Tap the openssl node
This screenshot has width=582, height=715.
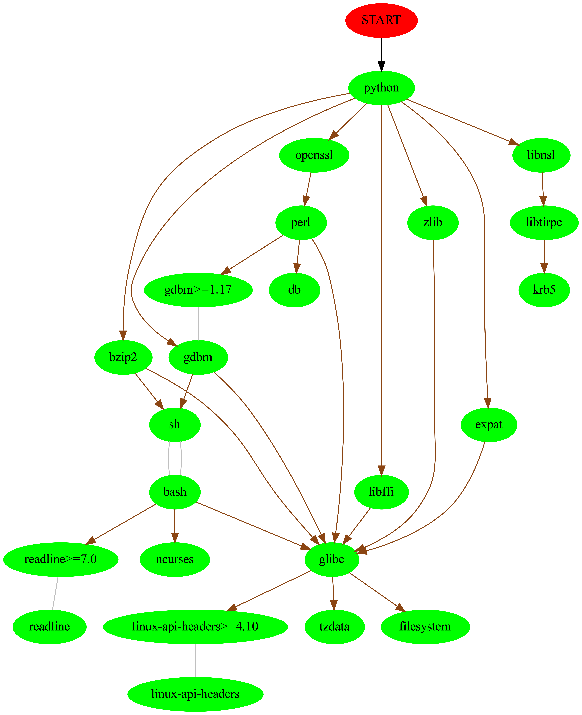click(314, 155)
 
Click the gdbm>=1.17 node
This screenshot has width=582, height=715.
click(198, 290)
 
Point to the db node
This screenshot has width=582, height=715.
click(294, 290)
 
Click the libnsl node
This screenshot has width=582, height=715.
click(541, 155)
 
